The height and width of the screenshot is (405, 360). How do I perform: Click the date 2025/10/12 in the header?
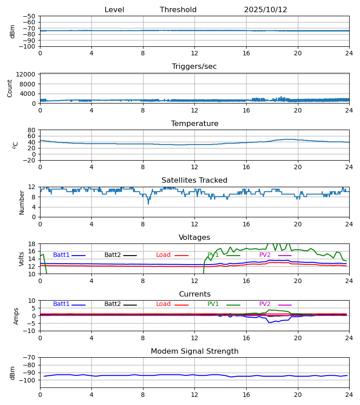pyautogui.click(x=265, y=10)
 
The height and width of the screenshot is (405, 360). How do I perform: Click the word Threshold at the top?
pyautogui.click(x=178, y=10)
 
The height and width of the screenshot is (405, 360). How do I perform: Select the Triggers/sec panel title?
pyautogui.click(x=194, y=67)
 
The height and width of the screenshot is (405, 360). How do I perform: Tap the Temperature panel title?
pyautogui.click(x=194, y=124)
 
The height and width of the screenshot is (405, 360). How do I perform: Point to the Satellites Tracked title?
pyautogui.click(x=194, y=180)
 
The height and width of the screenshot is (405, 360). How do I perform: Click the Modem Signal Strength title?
pyautogui.click(x=194, y=351)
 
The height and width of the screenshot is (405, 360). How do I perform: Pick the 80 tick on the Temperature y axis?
pyautogui.click(x=32, y=130)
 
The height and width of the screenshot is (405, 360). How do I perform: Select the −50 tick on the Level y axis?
pyautogui.click(x=30, y=16)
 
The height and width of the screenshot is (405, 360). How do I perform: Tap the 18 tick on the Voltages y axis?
pyautogui.click(x=32, y=244)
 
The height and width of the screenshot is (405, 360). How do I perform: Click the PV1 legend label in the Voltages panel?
pyautogui.click(x=213, y=255)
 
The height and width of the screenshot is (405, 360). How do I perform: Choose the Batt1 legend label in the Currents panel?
pyautogui.click(x=61, y=304)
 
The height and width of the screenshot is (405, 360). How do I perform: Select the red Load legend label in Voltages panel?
pyautogui.click(x=163, y=255)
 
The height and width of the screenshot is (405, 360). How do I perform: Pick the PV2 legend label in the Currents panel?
pyautogui.click(x=265, y=304)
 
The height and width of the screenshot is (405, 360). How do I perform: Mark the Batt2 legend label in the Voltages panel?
pyautogui.click(x=112, y=255)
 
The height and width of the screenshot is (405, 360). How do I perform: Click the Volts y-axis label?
pyautogui.click(x=22, y=259)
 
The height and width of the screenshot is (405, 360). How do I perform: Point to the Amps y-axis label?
pyautogui.click(x=17, y=316)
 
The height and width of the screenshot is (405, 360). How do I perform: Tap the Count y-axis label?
pyautogui.click(x=10, y=88)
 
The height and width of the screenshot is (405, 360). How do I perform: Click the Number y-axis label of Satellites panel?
pyautogui.click(x=22, y=202)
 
